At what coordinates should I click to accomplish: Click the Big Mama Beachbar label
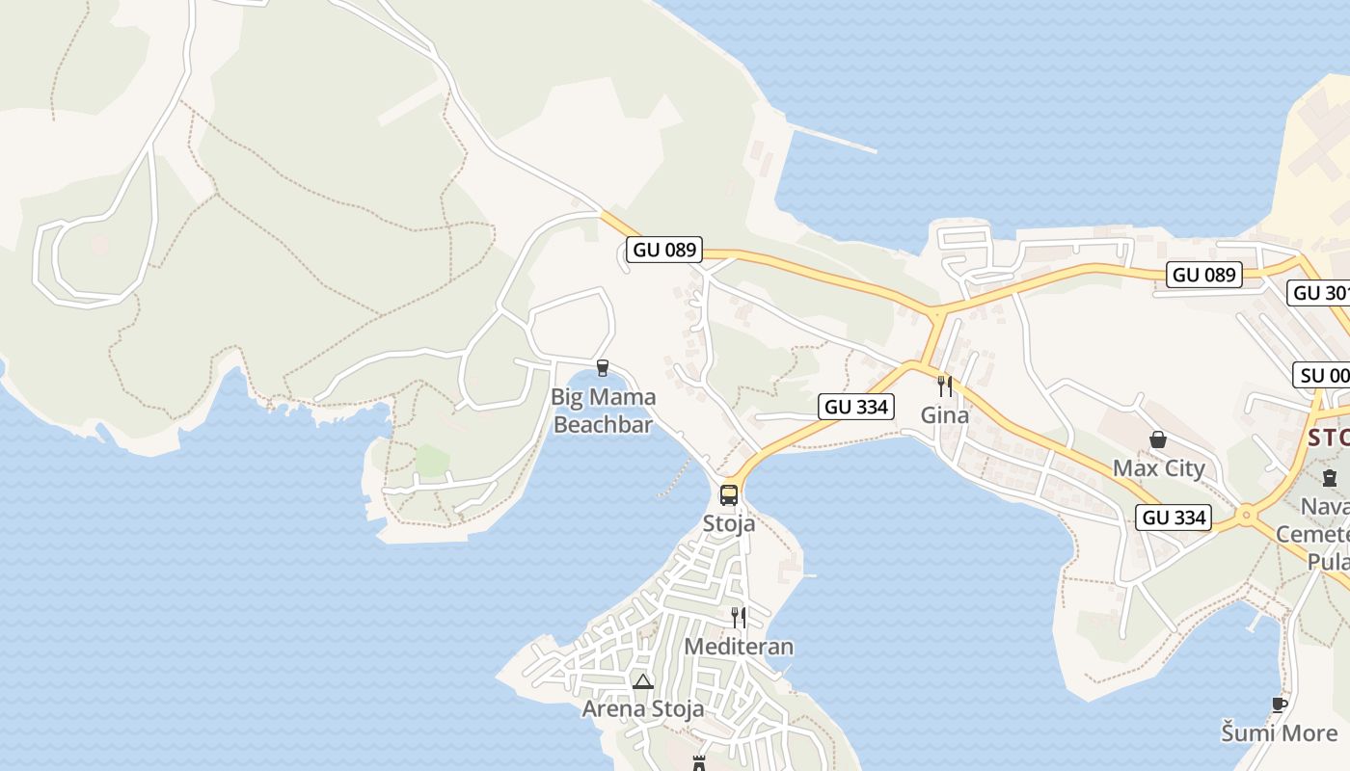603,411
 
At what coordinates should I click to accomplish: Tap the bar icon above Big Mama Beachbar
603,367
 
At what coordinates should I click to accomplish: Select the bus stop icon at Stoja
729,495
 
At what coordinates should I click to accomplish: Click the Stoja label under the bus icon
729,524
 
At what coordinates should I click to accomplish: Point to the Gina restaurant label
945,415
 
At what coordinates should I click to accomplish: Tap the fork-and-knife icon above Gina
945,386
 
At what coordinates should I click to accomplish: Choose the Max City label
1159,468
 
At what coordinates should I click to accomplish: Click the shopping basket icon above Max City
1158,439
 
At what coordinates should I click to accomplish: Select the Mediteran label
739,647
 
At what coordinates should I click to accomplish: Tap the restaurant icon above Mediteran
739,617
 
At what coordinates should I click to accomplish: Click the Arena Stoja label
642,709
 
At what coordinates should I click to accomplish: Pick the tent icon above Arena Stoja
643,682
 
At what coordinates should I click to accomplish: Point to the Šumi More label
1280,732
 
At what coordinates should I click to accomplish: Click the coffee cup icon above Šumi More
1280,705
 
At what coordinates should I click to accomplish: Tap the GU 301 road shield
1319,293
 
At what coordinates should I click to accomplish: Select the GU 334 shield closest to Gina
856,407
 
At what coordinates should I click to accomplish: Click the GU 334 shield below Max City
1174,518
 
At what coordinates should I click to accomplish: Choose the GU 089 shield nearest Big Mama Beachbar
663,250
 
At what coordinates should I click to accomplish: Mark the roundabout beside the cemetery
1246,516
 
